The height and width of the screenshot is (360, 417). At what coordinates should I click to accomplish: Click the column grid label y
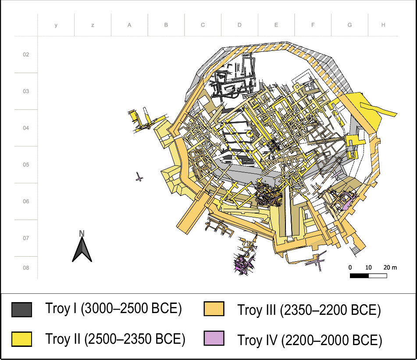[x=56, y=25]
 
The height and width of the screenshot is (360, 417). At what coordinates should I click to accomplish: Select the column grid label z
[x=93, y=25]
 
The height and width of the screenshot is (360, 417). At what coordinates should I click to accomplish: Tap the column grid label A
[x=129, y=25]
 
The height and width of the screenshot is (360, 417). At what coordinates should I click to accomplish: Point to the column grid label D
[x=239, y=25]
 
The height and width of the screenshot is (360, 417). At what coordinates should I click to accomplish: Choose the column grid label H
[x=383, y=25]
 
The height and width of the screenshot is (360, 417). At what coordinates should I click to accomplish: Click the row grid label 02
[x=26, y=54]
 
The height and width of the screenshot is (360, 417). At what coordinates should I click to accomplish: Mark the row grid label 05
[x=26, y=164]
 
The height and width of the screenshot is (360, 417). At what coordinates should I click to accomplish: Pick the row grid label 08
[x=26, y=268]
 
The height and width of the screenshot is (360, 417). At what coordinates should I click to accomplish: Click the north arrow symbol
[x=82, y=250]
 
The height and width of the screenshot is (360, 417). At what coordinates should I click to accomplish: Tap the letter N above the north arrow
[x=82, y=233]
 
